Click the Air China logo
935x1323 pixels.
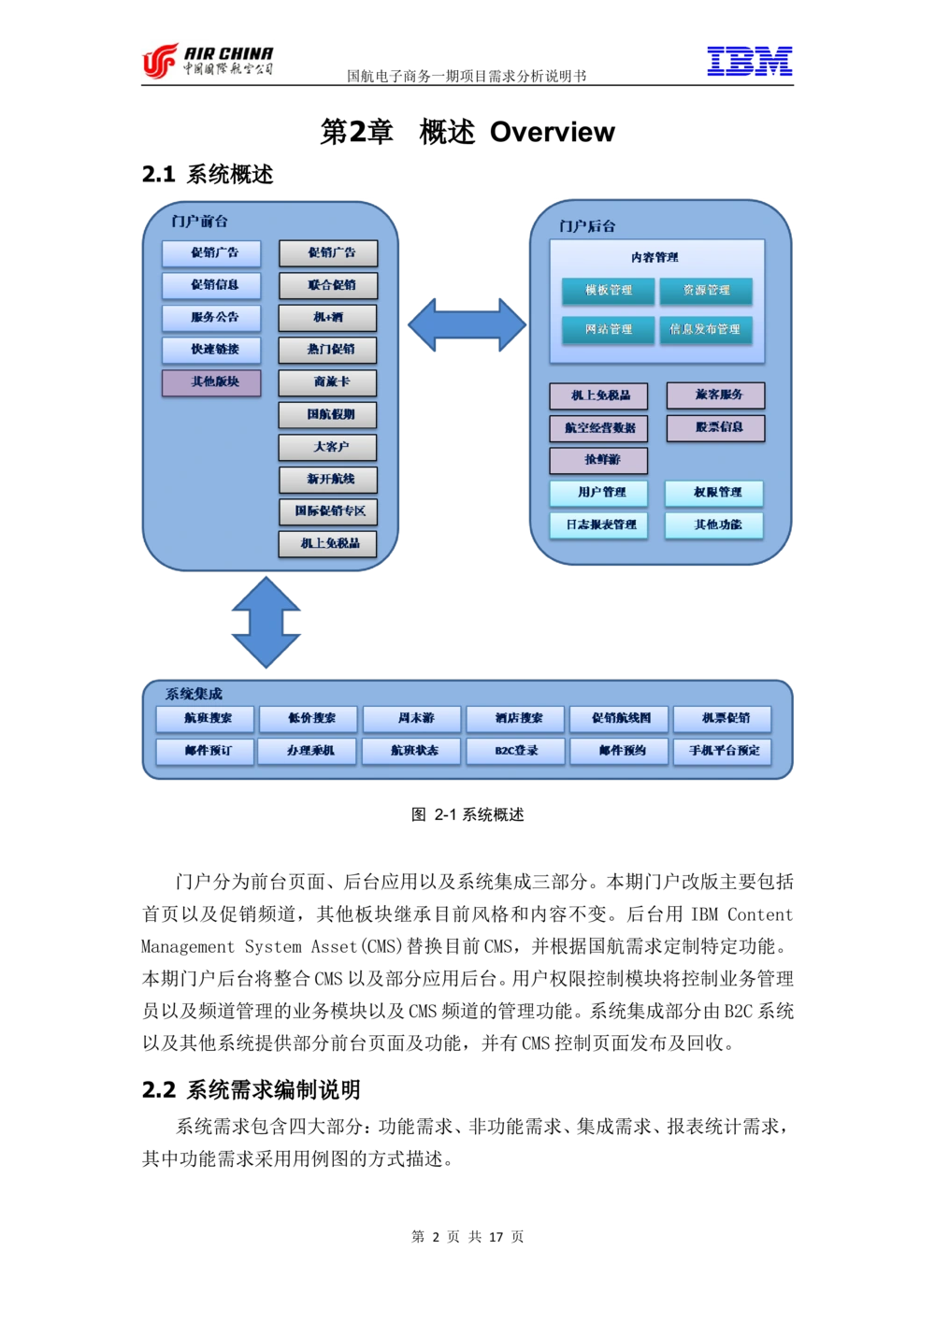pos(206,60)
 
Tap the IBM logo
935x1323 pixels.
pos(748,62)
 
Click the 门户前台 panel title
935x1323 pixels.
pos(199,222)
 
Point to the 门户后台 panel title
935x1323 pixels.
pos(587,226)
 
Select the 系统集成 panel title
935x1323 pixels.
pos(194,694)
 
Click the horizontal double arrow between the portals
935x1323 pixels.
pos(467,325)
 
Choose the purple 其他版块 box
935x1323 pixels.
pos(211,382)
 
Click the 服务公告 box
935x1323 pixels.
pos(211,318)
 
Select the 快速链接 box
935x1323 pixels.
pos(211,350)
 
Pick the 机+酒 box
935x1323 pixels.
pos(328,318)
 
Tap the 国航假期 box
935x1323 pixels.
pos(328,415)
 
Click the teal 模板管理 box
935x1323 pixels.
pos(608,291)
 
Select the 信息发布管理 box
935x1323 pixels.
pos(705,330)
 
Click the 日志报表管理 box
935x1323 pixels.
pos(598,525)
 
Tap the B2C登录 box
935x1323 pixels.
pos(516,751)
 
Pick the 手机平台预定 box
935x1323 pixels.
pos(723,751)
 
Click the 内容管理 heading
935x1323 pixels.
pos(654,257)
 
